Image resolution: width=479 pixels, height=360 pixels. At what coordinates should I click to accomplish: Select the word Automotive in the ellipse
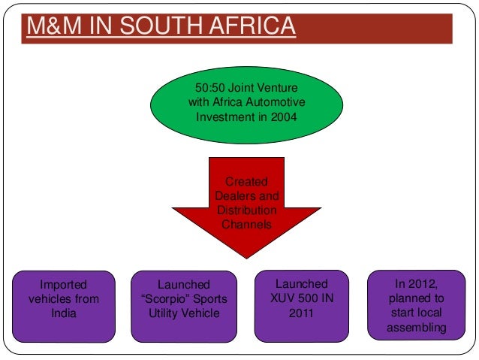coord(279,103)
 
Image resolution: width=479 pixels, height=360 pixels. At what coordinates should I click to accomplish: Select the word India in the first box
coord(63,313)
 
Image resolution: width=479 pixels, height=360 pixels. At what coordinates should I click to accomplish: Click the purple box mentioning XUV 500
coord(301,304)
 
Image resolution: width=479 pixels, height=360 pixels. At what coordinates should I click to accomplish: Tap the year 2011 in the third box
coord(301,313)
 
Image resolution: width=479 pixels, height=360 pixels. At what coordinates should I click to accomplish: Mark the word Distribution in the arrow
coord(247,210)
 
